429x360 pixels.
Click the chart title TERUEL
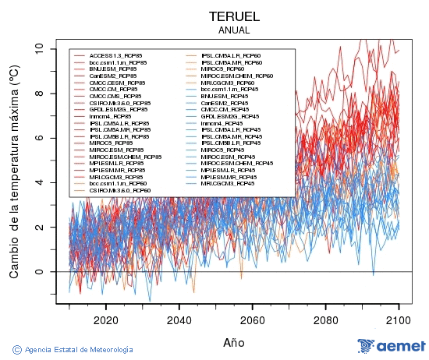234,16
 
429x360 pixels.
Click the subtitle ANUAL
234,30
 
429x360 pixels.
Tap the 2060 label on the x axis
253,319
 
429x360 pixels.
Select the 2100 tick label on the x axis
399,319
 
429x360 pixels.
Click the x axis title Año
234,342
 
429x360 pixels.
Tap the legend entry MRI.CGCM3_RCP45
227,184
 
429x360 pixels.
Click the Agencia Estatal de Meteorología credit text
78,350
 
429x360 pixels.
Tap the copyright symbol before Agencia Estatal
16,350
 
